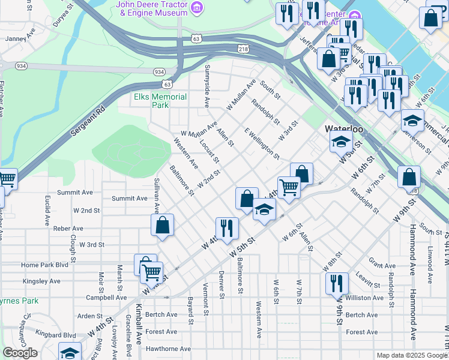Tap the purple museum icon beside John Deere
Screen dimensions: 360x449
point(196,7)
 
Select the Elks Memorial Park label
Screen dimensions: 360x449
point(160,100)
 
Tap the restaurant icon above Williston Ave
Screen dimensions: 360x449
point(337,284)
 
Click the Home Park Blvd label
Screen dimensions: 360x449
point(44,265)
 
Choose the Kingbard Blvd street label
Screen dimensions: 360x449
point(56,335)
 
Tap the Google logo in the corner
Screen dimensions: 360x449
point(19,353)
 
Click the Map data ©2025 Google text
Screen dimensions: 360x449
point(412,355)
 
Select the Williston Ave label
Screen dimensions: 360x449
point(364,298)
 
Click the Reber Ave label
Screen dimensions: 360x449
point(68,229)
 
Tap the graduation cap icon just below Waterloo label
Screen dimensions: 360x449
point(340,143)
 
